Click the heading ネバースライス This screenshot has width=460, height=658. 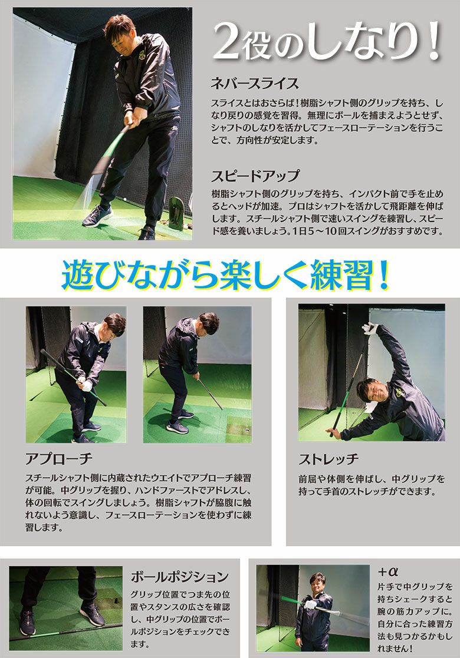pos(255,83)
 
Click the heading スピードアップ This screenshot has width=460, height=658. pos(255,175)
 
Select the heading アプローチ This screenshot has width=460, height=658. pos(58,459)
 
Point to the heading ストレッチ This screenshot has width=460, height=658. pos(328,459)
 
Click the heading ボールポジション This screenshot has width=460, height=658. pos(180,577)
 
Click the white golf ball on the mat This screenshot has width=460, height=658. pos(125,194)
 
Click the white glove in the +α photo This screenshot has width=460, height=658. pos(311,605)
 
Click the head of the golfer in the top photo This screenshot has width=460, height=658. pos(120,33)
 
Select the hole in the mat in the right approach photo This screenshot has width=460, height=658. pos(246,431)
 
